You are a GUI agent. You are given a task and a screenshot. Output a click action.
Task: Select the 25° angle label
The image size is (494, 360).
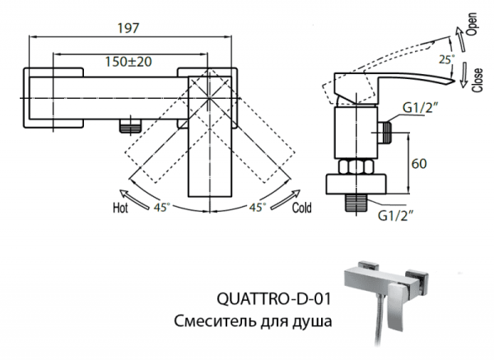[447, 59]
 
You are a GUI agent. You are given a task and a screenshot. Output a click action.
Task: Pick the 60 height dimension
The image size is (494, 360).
[420, 164]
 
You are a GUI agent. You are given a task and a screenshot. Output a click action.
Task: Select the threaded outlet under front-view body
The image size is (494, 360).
[129, 127]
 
